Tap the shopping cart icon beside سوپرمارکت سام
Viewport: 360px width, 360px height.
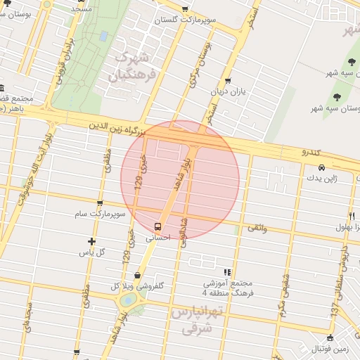tap(99, 203)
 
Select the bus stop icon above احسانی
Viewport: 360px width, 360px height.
tap(157, 226)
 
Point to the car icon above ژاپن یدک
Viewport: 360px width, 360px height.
tap(321, 168)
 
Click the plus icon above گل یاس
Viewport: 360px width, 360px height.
tap(91, 241)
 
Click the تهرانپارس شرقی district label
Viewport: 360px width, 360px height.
tap(197, 319)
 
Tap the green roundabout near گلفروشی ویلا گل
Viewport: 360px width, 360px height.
tap(128, 300)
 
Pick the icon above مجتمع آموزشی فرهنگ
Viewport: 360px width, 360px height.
tap(226, 272)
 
